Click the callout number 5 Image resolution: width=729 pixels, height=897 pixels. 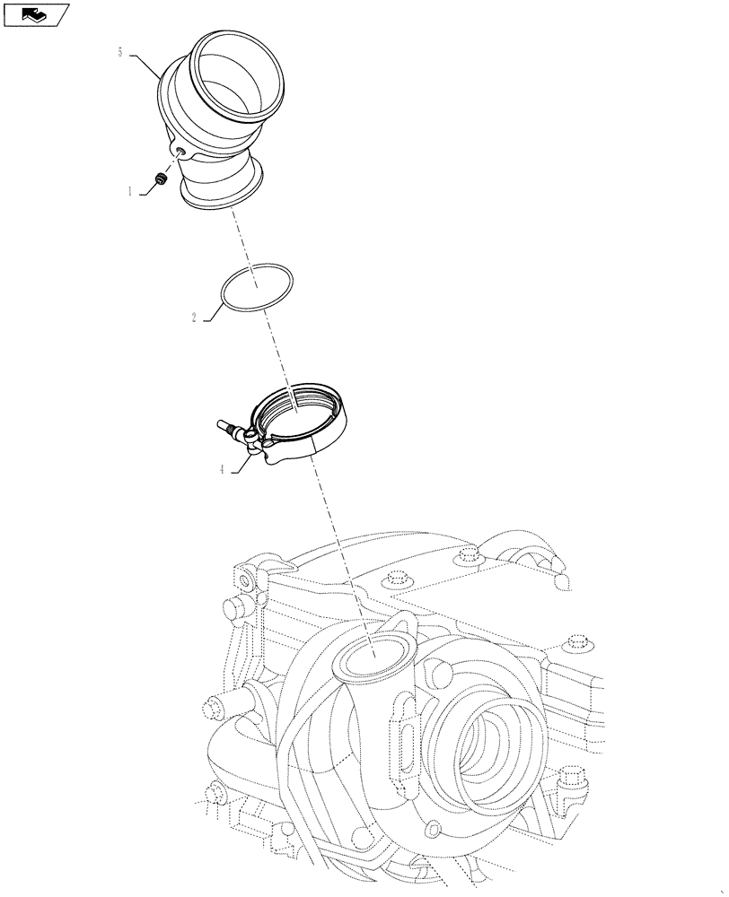pyautogui.click(x=119, y=53)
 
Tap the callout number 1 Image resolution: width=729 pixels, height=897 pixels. pyautogui.click(x=130, y=191)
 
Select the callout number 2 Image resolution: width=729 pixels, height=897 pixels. pyautogui.click(x=194, y=318)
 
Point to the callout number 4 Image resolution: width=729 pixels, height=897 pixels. pyautogui.click(x=221, y=469)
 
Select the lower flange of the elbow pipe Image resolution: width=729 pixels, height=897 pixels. pyautogui.click(x=224, y=193)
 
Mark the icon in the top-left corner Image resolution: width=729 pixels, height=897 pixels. pyautogui.click(x=35, y=13)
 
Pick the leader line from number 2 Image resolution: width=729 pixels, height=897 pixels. pyautogui.click(x=212, y=309)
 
